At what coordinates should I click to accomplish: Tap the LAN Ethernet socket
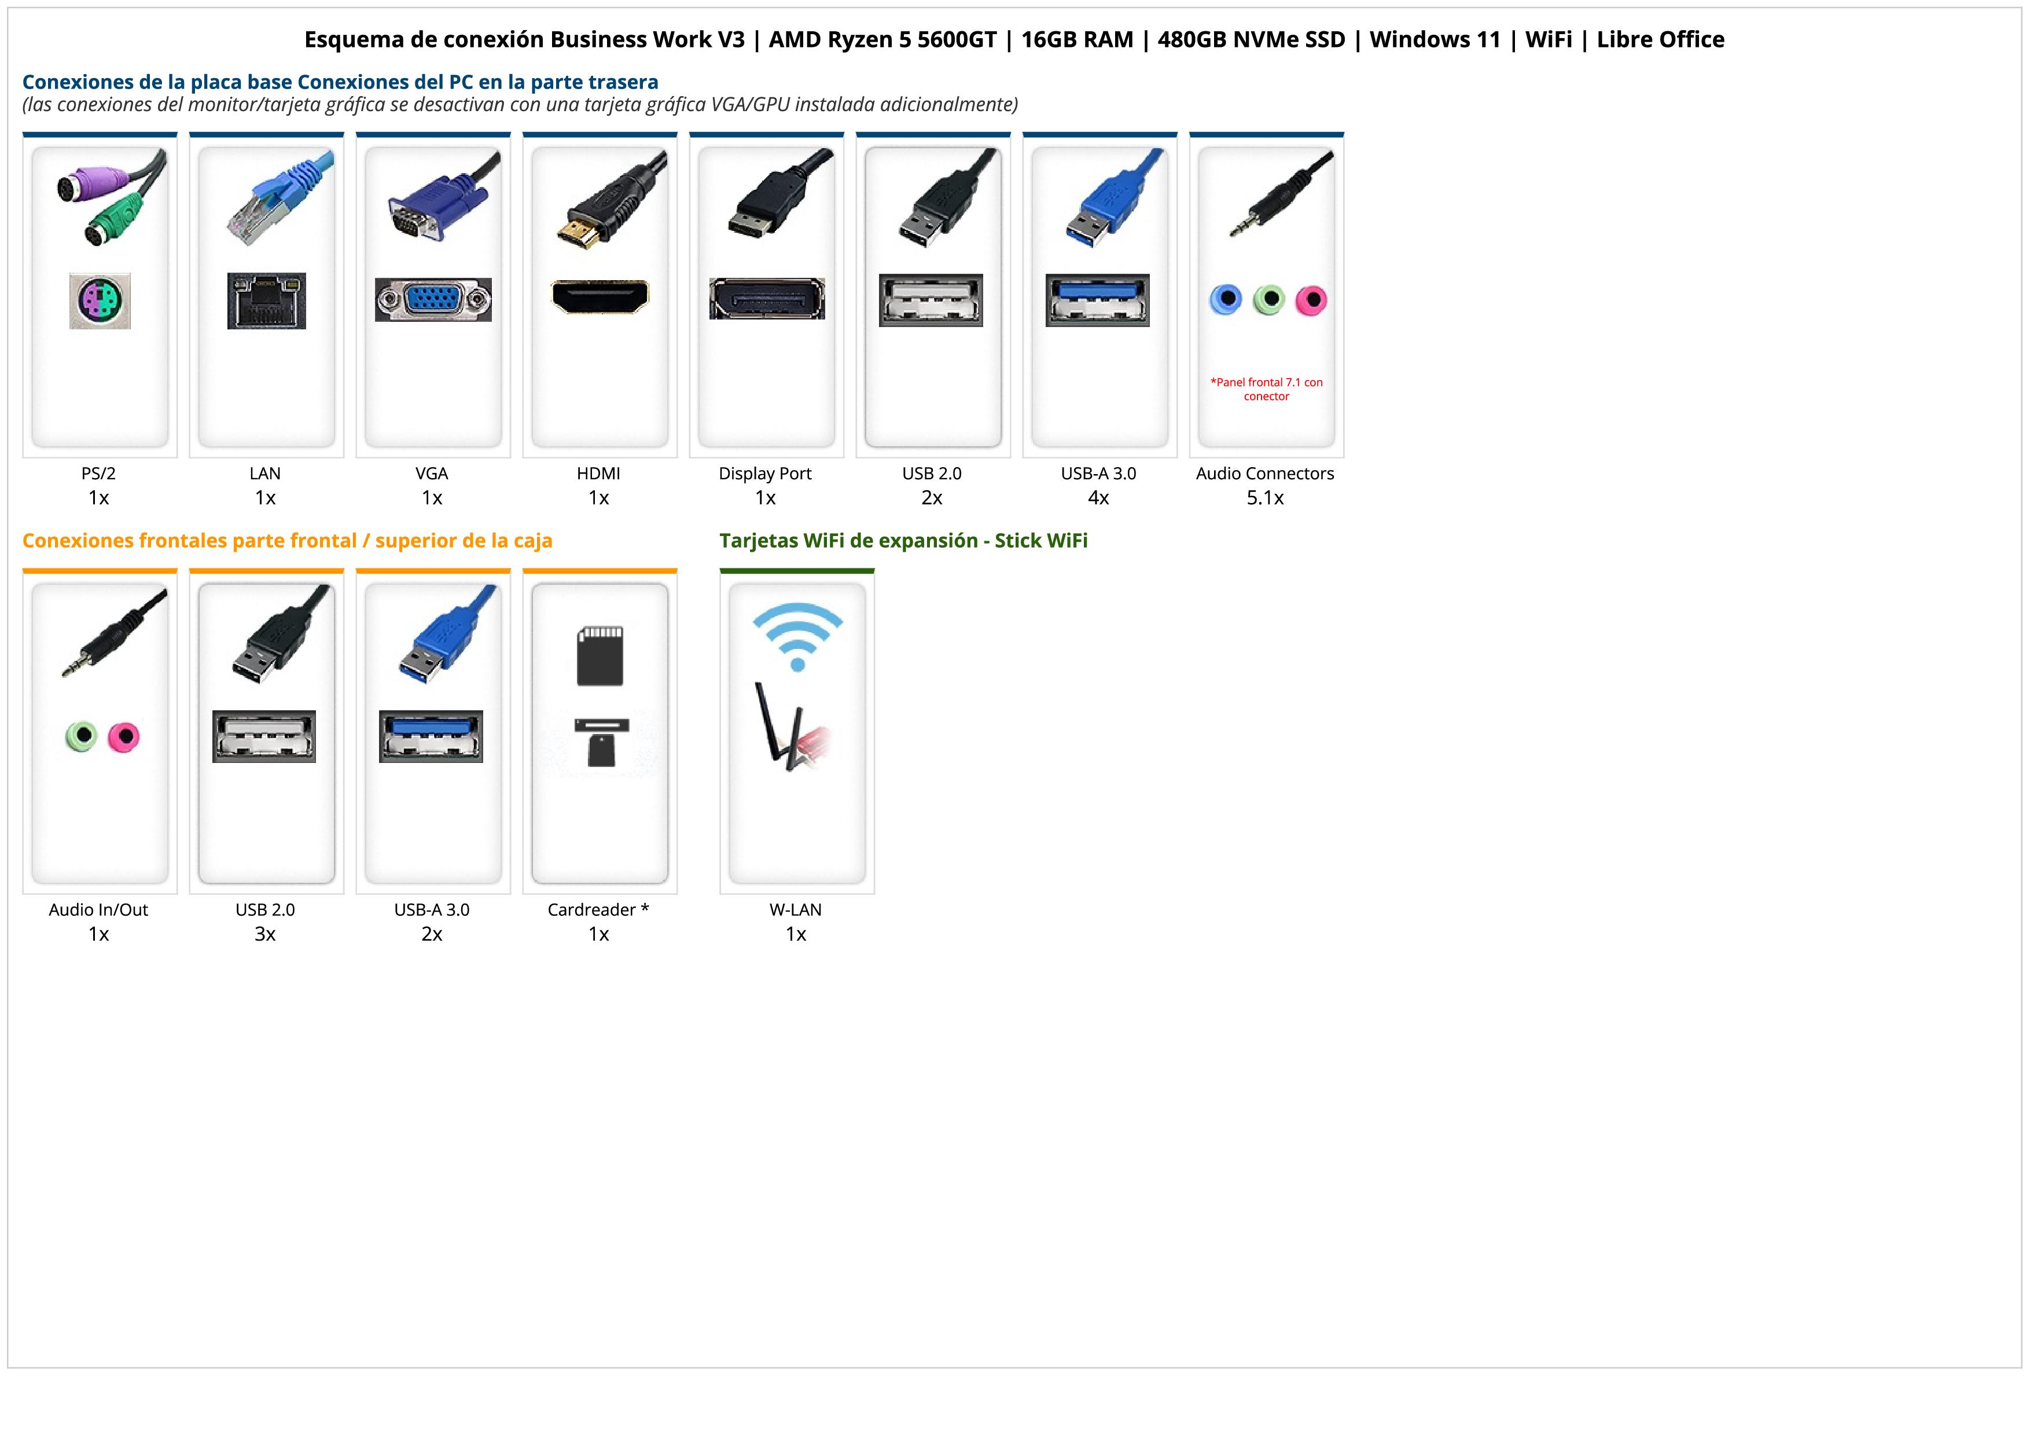[x=266, y=300]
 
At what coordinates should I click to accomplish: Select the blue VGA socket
[x=432, y=300]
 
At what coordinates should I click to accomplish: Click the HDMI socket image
[x=600, y=296]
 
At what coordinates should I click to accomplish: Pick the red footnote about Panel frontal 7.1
[x=1266, y=389]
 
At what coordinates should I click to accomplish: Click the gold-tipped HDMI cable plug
[x=578, y=232]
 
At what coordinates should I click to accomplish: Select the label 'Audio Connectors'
[x=1264, y=473]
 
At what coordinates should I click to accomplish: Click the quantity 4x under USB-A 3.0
[x=1098, y=498]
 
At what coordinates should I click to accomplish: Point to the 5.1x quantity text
[x=1264, y=498]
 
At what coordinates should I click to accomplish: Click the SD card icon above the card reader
[x=600, y=656]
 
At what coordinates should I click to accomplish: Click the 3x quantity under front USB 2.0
[x=265, y=934]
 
